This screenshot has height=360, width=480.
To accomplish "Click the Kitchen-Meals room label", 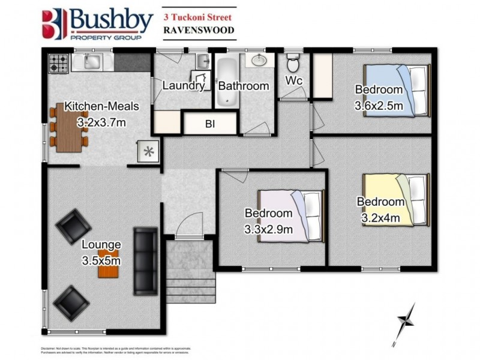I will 101,107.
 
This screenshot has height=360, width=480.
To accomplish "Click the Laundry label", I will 183,86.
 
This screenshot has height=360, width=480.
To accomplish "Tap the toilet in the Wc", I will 293,63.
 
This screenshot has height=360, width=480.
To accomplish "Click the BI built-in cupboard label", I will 210,125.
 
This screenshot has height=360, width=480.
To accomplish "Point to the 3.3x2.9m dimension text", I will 268,229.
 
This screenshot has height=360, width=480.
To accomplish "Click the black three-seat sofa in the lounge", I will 145,252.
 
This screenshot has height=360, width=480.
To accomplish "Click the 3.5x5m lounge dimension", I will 101,260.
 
